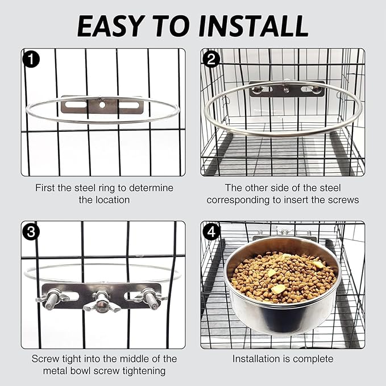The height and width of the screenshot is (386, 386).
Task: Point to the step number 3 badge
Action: (x=31, y=231)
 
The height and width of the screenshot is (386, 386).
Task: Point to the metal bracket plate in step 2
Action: (x=287, y=89)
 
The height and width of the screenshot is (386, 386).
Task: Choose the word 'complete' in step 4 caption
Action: (x=313, y=359)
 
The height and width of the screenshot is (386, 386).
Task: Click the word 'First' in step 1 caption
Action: (x=46, y=187)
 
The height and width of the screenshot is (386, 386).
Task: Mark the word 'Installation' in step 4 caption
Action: (x=256, y=359)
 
